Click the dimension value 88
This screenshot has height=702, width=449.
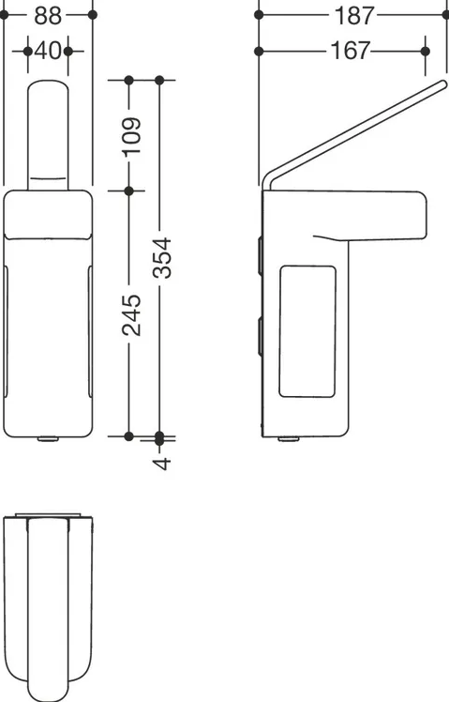tap(48, 16)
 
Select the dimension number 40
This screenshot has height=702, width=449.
tap(48, 51)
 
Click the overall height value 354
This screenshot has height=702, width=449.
tap(162, 258)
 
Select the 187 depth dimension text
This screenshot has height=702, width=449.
tap(353, 16)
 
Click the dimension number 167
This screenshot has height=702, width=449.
tap(351, 51)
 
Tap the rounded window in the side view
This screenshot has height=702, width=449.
tap(307, 331)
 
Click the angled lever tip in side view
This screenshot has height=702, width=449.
tap(442, 84)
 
